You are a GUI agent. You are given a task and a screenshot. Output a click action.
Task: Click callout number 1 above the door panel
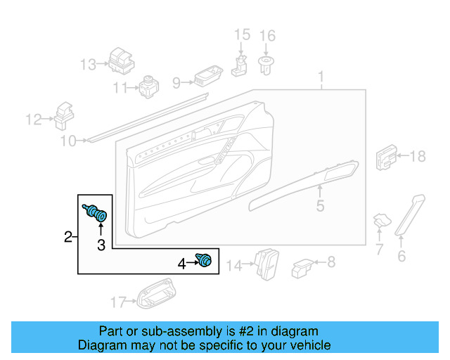[x=321, y=77]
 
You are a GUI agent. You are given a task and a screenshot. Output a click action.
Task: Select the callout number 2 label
[x=68, y=236]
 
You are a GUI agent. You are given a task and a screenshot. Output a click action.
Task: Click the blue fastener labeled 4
[x=205, y=261]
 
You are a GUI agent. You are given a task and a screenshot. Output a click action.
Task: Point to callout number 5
[x=320, y=206]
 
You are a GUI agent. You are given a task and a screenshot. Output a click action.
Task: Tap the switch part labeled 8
[x=302, y=266]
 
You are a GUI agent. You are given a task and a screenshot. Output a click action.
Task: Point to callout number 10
[x=67, y=141]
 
